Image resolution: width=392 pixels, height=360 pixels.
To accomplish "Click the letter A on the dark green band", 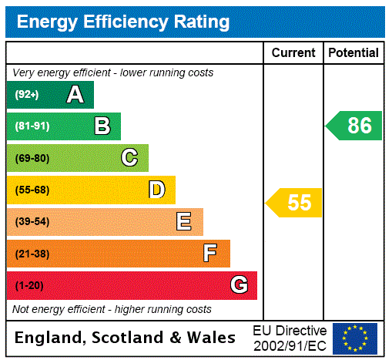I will click(x=75, y=95).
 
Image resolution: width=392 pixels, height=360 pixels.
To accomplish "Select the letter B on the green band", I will click(x=102, y=126).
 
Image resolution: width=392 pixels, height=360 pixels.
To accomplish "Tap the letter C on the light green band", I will click(x=129, y=158).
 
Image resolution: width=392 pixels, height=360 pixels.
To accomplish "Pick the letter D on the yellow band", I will click(x=157, y=190).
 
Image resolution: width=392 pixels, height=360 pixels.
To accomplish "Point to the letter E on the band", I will click(x=184, y=222).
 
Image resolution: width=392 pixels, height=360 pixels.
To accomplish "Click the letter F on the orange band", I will click(x=210, y=253).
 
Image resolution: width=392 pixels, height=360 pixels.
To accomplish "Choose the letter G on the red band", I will click(x=239, y=285).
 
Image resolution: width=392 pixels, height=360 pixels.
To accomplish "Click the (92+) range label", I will click(x=27, y=96).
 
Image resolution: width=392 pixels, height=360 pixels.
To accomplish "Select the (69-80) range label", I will click(x=32, y=159).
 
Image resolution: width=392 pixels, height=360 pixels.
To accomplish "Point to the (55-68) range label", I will click(x=32, y=190).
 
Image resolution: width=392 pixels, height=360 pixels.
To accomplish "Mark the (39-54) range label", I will click(x=32, y=222).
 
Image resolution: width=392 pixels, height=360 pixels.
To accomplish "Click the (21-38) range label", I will click(x=32, y=254).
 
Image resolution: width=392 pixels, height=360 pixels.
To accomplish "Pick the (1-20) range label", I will click(x=29, y=286).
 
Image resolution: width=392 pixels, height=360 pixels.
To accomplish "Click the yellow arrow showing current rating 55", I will click(x=295, y=203).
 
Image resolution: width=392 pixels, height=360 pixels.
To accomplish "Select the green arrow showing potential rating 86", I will click(x=355, y=126).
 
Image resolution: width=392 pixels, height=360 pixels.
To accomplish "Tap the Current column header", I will click(x=293, y=53).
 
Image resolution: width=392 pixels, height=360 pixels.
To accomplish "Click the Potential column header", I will click(x=353, y=53).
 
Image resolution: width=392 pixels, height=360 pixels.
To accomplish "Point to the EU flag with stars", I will click(x=355, y=338).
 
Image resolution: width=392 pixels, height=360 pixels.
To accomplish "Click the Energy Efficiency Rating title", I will click(x=123, y=22).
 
